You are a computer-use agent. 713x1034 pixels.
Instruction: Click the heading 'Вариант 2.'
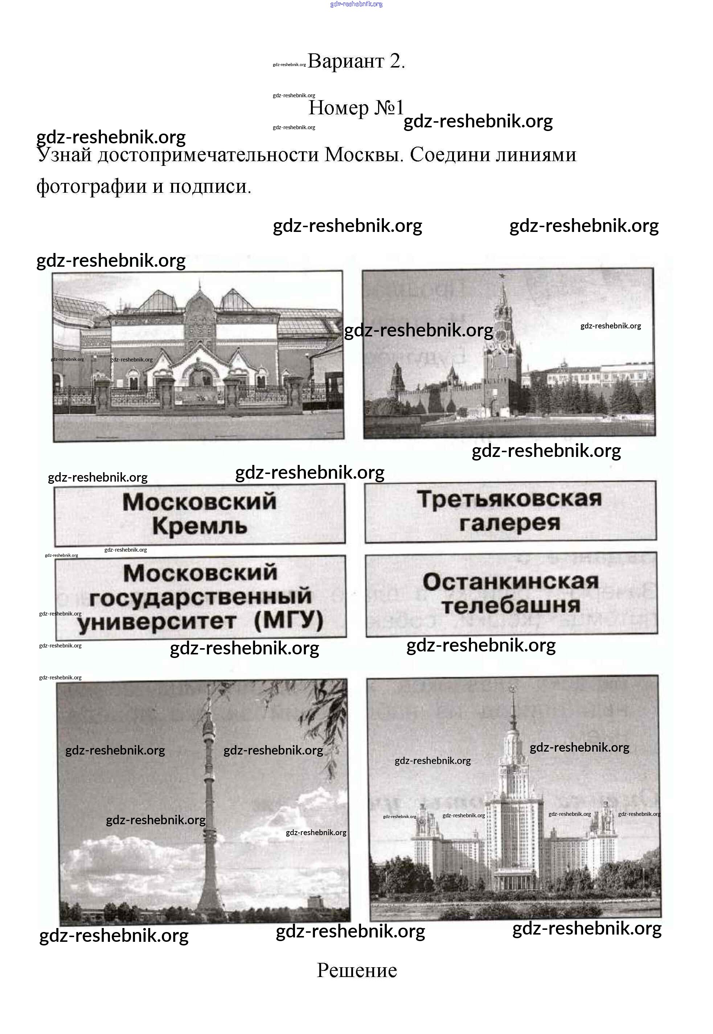pyautogui.click(x=356, y=61)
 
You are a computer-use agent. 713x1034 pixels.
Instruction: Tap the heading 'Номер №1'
pyautogui.click(x=356, y=108)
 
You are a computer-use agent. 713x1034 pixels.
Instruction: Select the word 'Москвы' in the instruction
pyautogui.click(x=361, y=155)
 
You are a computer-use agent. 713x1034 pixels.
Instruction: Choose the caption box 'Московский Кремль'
pyautogui.click(x=200, y=514)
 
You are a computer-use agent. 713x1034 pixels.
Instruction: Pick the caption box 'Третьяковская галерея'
pyautogui.click(x=510, y=512)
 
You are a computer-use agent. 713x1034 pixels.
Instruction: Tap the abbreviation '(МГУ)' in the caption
pyautogui.click(x=288, y=621)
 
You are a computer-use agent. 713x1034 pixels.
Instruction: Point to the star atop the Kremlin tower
pyautogui.click(x=503, y=276)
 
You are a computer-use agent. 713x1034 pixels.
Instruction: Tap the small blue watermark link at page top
pyautogui.click(x=356, y=4)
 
